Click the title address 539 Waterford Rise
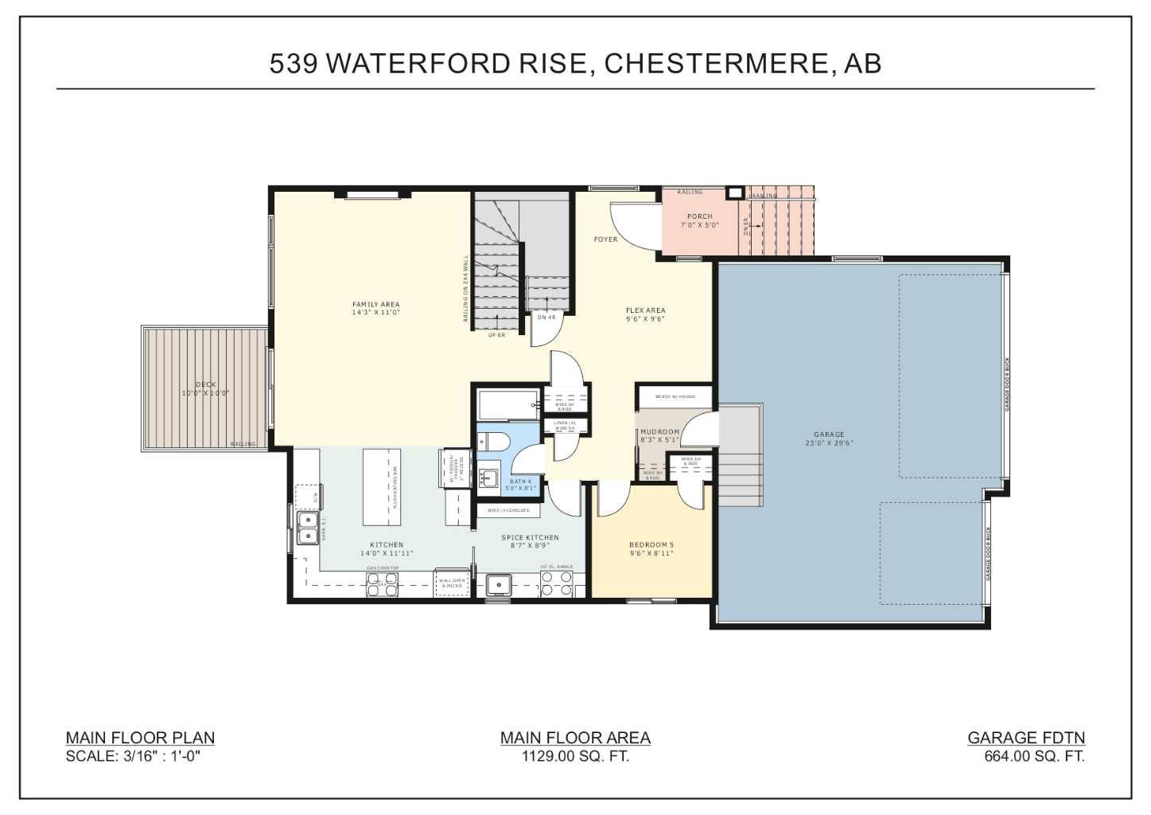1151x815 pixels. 574,63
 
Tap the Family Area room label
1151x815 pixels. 376,309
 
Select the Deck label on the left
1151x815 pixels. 206,389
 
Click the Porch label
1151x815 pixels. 700,220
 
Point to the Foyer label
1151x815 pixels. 605,240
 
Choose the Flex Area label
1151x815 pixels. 645,314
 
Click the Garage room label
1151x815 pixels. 829,439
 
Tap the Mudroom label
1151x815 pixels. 659,435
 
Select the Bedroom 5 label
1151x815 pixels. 651,549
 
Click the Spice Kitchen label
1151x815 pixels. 530,541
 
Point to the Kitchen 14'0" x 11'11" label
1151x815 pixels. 387,549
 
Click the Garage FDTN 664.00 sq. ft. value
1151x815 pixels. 1034,756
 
